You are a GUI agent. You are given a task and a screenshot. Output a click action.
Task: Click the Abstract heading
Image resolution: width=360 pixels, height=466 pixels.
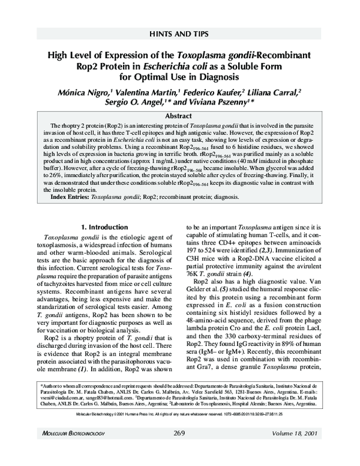(x=179, y=115)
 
